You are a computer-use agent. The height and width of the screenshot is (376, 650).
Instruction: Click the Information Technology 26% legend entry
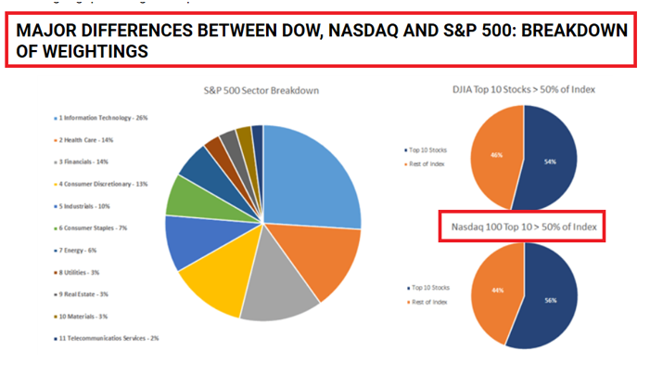pos(101,118)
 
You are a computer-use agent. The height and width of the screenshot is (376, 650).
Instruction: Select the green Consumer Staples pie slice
pos(190,194)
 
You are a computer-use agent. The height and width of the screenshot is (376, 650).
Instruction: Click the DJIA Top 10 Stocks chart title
pos(524,89)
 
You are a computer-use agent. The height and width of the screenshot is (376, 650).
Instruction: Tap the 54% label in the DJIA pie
pos(550,161)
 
